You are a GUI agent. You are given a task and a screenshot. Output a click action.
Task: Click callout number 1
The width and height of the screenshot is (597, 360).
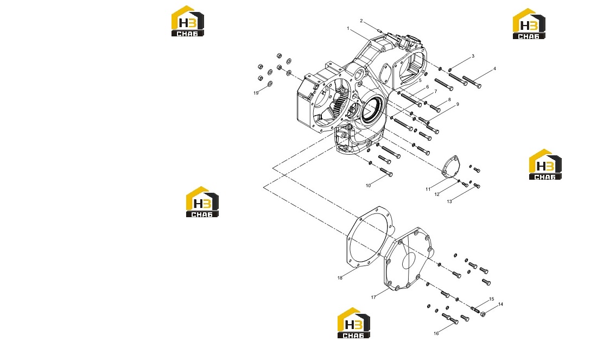click(348, 29)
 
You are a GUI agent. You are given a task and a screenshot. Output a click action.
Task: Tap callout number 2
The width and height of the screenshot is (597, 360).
click(361, 21)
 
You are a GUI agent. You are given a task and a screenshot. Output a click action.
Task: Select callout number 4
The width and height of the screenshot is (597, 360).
click(494, 69)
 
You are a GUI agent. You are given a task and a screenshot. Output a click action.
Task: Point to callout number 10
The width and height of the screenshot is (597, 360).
click(368, 186)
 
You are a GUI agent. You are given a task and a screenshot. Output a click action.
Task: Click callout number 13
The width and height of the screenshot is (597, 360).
click(449, 201)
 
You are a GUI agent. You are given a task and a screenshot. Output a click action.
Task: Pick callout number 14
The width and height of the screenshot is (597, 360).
click(501, 304)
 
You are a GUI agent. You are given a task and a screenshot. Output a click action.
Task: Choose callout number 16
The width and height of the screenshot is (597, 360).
click(436, 333)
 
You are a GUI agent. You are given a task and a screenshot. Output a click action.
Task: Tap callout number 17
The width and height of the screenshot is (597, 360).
click(373, 297)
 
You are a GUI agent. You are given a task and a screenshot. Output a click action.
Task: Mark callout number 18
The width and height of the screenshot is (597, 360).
click(340, 277)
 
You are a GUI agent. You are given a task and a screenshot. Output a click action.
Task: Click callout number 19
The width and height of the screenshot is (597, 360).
click(256, 93)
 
